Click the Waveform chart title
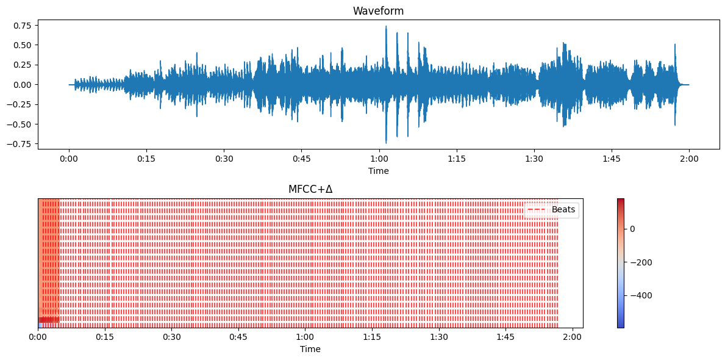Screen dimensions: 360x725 click(378, 11)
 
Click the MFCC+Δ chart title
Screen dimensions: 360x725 click(310, 189)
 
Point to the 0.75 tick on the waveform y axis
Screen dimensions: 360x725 click(23, 25)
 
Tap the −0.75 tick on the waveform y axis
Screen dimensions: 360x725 click(21, 144)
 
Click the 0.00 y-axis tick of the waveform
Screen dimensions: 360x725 click(23, 85)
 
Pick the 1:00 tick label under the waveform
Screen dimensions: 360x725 click(379, 159)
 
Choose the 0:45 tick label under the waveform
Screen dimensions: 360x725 click(302, 159)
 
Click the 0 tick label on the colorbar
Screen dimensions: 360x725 click(632, 229)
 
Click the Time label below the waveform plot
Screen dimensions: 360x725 click(378, 171)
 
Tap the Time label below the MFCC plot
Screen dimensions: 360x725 click(310, 350)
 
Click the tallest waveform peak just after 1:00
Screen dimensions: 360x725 click(386, 27)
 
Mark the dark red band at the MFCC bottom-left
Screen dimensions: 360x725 click(49, 320)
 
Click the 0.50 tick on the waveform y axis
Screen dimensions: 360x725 click(23, 45)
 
